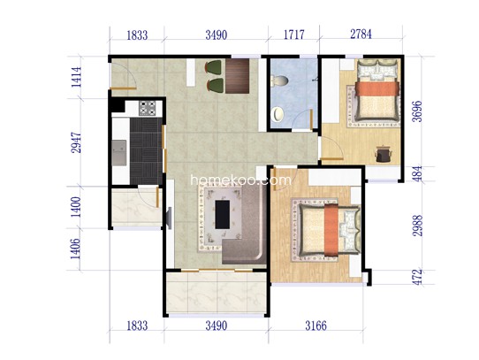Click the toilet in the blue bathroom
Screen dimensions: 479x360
pos(280,80)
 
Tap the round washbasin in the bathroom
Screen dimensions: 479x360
pos(278,114)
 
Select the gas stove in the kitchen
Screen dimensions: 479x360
pos(148,108)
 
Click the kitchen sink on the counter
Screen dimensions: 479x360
pos(119,153)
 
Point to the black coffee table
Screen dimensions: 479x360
pos(223,214)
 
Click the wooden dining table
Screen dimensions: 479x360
pos(238,76)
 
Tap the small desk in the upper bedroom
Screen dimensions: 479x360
pos(383,154)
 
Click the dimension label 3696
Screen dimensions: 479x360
pos(416,111)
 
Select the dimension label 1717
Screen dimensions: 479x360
pos(294,34)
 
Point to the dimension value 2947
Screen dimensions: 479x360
pos(76,142)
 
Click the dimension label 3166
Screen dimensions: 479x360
pos(316,326)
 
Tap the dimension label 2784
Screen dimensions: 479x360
pos(361,34)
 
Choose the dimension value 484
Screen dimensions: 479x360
pos(417,173)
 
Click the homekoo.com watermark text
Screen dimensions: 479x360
pos(241,180)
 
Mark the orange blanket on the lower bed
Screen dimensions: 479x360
pos(331,230)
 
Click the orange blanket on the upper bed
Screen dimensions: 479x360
pos(376,88)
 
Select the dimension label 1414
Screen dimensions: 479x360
pos(76,77)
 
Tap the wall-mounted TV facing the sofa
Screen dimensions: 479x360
pos(169,218)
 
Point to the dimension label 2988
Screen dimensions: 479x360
pos(417,226)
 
